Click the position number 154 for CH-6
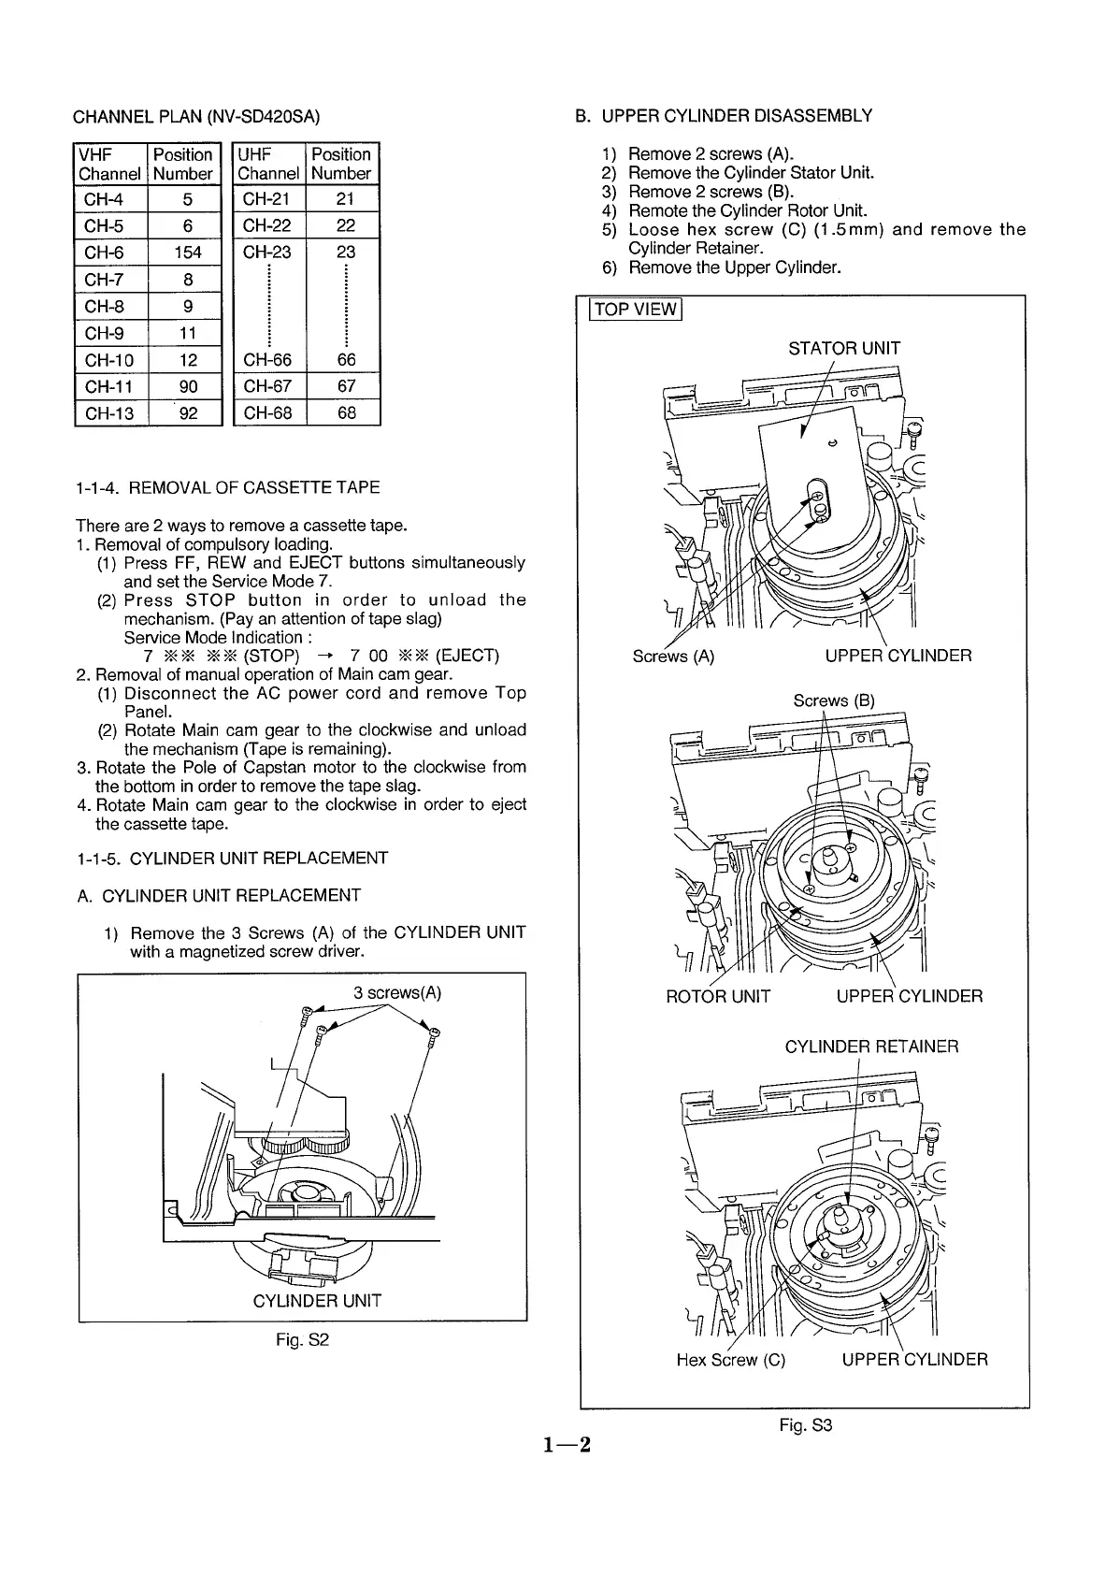187,253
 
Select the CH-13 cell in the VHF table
109,413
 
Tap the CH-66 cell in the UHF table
267,360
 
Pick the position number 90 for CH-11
188,386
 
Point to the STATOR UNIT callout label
844,349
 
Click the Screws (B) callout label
834,700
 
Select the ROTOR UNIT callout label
718,996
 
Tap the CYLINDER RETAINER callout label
871,1047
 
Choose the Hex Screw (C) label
730,1360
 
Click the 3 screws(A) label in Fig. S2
397,993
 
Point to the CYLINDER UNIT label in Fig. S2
317,1301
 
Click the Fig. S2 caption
302,1340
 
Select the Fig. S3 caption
806,1425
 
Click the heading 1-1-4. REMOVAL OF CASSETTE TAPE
228,487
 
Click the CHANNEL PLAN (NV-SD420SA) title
196,117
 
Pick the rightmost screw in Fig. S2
434,1032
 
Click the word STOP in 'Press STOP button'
216,600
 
